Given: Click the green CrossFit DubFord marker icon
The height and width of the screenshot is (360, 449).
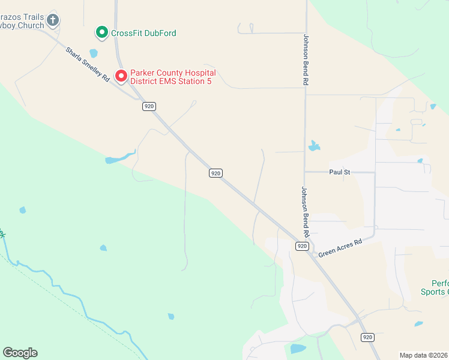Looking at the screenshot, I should (x=102, y=32).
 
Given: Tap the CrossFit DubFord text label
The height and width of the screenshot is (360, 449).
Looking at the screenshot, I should (x=143, y=33).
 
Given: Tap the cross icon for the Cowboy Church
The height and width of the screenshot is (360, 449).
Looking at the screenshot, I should (x=53, y=20).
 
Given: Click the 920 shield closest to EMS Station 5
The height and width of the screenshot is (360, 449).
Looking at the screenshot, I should (x=149, y=106).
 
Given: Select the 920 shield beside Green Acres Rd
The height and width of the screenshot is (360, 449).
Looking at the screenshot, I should (x=302, y=246).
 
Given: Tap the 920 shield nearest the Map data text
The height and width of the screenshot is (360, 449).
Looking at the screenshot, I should (x=368, y=337).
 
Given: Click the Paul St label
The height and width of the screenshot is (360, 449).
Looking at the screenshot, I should (x=339, y=172).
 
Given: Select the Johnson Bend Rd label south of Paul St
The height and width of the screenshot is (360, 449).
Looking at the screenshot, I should (x=305, y=211).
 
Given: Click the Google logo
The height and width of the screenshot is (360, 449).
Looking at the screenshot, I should (x=20, y=353).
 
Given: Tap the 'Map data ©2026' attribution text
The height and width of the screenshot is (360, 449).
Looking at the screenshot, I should (x=424, y=355).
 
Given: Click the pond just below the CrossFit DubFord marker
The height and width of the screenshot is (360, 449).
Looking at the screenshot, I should (x=93, y=53).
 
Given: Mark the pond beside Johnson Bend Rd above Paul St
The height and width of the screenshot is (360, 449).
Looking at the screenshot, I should (x=314, y=146).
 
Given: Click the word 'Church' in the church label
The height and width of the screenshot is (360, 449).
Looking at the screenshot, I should (x=31, y=26).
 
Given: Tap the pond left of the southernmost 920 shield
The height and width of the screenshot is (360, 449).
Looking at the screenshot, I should (x=298, y=349).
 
